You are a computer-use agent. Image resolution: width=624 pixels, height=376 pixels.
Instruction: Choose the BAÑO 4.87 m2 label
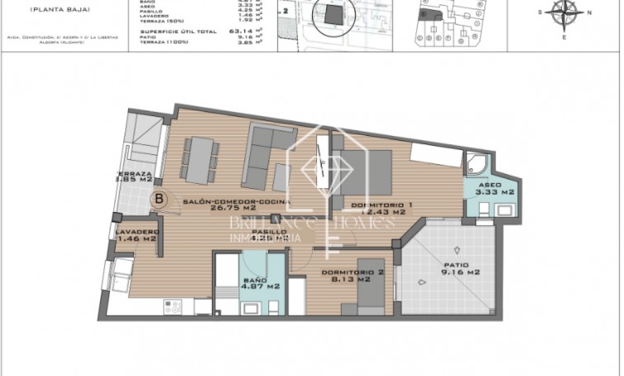coord(255,282)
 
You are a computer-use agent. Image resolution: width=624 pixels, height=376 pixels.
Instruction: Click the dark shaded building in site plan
coord(330,17)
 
